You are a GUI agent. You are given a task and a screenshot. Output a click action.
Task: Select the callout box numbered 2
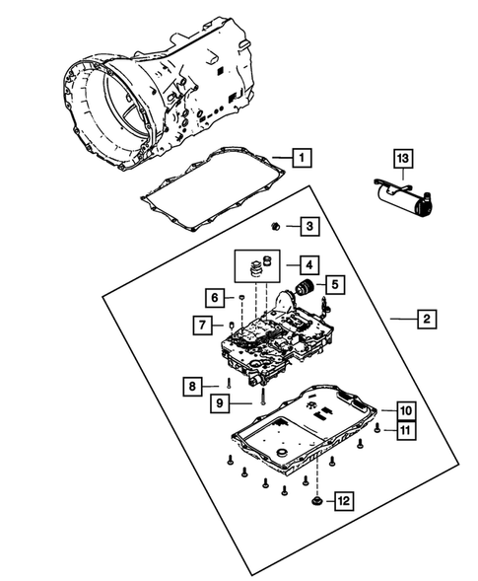426,319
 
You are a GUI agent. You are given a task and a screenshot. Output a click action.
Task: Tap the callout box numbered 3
308,227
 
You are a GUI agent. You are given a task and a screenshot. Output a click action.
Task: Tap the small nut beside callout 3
279,227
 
